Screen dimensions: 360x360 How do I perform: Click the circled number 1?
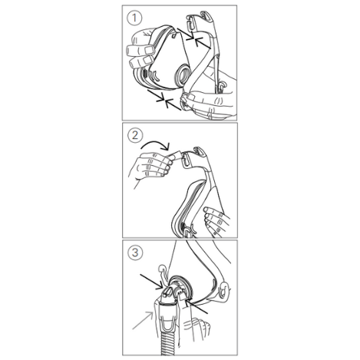point(134,18)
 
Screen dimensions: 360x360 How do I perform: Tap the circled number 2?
point(135,135)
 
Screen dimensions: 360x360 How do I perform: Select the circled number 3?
point(135,253)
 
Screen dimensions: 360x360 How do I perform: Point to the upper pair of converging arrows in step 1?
point(194,38)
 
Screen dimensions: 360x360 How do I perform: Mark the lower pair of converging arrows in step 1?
point(164,100)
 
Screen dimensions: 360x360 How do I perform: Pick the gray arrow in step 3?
point(143,320)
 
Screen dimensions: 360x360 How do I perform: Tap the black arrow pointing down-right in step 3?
point(151,282)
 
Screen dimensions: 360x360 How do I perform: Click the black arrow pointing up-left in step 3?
point(197,307)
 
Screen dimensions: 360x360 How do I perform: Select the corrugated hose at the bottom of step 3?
point(170,342)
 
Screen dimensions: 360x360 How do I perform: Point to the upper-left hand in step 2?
point(151,166)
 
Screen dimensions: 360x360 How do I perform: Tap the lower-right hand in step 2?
point(217,221)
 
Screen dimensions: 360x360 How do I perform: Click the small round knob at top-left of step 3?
point(162,269)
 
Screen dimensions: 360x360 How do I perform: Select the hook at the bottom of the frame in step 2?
point(189,231)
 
